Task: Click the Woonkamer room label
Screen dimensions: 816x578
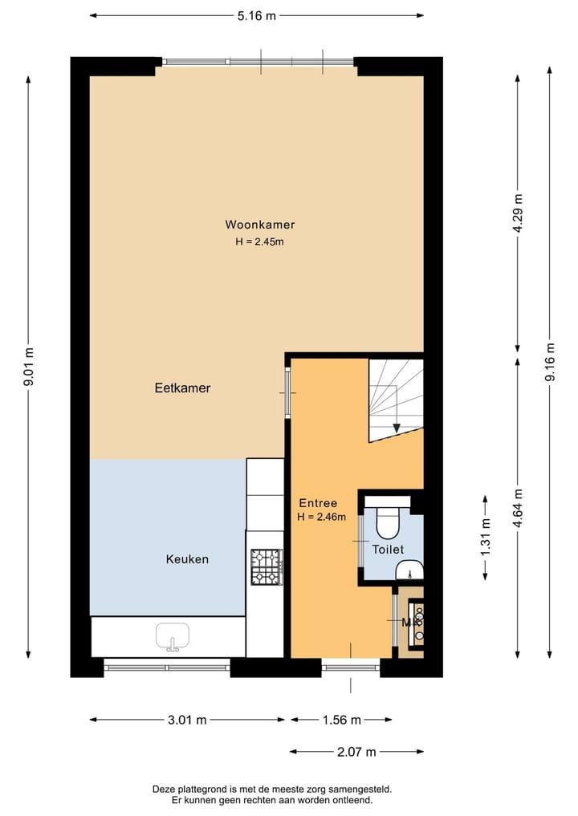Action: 259,225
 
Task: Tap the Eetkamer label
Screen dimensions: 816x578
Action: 182,388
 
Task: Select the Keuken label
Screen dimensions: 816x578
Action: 187,559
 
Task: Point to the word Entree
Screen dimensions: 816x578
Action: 318,503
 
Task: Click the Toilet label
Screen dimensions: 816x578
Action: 388,550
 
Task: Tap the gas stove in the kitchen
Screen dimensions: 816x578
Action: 266,566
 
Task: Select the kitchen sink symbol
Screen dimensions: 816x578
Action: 172,636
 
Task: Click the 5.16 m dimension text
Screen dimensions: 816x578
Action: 257,15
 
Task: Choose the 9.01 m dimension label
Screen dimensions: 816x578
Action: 30,367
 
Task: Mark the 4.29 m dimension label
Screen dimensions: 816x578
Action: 519,213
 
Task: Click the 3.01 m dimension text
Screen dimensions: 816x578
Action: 188,720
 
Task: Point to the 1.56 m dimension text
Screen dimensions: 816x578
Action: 341,720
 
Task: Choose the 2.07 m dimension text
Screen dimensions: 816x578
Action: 357,752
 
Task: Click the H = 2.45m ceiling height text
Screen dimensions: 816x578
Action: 259,242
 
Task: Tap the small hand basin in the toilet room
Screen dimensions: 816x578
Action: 409,571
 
